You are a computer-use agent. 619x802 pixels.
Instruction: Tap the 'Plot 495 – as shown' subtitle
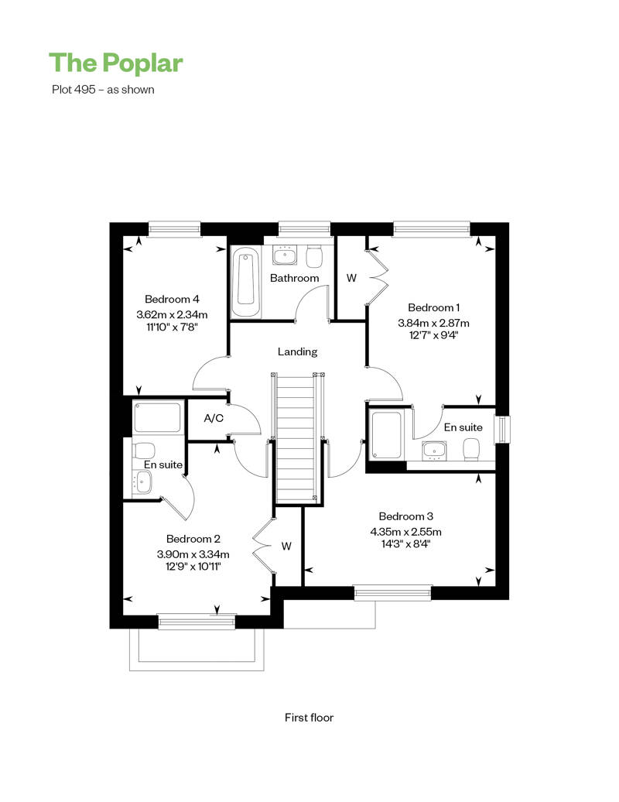point(103,90)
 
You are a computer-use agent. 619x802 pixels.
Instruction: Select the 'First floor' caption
point(309,718)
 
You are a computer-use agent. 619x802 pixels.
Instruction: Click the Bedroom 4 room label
point(172,300)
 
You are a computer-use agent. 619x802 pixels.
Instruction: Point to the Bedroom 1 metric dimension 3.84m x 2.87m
point(433,323)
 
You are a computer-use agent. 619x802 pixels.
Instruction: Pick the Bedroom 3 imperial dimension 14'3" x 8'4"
point(406,543)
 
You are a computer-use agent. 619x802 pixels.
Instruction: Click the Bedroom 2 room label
point(193,539)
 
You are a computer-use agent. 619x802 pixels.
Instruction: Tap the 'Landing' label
point(297,352)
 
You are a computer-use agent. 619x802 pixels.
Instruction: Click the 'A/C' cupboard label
point(214,418)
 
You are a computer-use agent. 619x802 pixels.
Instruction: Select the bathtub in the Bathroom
point(246,283)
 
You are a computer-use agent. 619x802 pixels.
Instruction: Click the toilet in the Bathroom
point(314,256)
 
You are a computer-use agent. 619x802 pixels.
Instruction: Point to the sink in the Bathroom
point(284,255)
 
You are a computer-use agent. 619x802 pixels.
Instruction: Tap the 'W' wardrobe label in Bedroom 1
point(351,278)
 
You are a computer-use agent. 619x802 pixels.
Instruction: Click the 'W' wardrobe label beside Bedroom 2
point(286,547)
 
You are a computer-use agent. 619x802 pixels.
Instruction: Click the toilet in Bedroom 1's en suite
point(471,451)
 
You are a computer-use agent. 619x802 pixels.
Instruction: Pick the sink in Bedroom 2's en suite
point(142,482)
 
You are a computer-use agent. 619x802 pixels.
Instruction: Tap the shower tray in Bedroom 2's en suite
point(157,417)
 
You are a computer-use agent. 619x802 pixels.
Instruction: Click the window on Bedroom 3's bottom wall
point(392,593)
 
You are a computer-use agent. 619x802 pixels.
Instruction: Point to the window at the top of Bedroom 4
point(174,229)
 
